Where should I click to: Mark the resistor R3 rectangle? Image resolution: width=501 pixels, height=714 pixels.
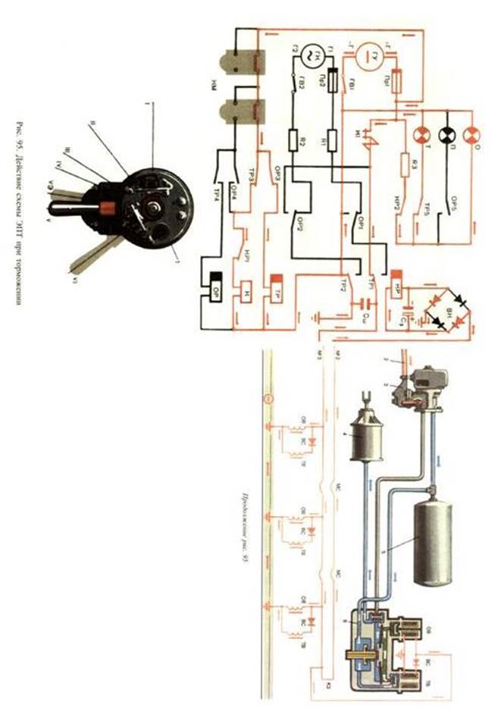[402, 165]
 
